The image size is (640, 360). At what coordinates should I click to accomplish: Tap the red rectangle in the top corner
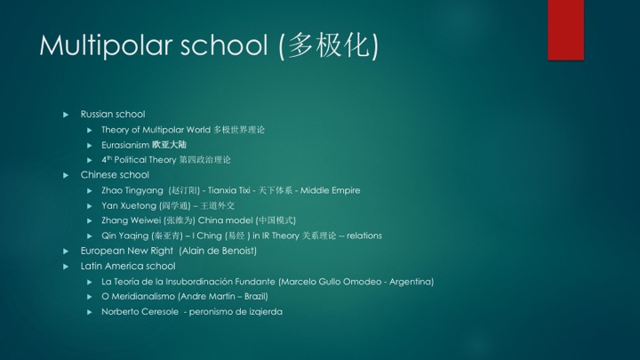(565, 30)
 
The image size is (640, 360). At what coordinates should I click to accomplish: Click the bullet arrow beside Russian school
(66, 115)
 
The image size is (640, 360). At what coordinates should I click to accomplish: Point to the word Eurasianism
(125, 145)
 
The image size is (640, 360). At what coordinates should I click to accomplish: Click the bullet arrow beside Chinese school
(66, 175)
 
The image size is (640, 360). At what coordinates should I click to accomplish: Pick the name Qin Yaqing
(125, 236)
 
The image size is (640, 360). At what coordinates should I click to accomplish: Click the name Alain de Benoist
(218, 251)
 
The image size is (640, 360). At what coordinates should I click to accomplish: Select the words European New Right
(127, 251)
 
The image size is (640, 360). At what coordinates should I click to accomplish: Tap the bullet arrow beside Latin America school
(66, 267)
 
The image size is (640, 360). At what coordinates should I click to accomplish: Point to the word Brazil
(255, 296)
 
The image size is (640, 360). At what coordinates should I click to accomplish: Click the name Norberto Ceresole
(140, 312)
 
